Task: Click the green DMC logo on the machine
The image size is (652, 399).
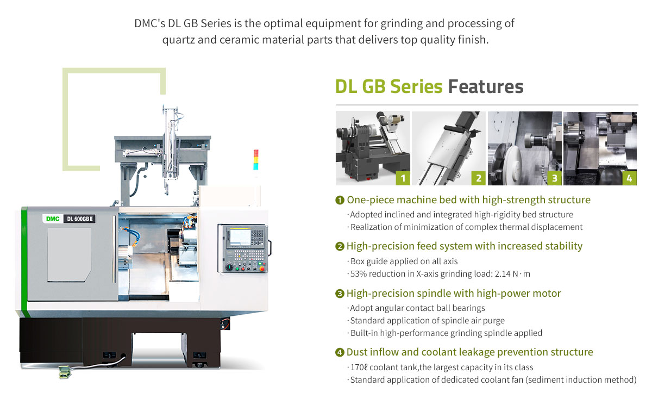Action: (x=53, y=219)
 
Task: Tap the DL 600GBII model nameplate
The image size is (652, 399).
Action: (x=80, y=219)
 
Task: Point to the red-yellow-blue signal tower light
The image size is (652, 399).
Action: (x=256, y=160)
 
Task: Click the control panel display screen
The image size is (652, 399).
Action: (x=240, y=238)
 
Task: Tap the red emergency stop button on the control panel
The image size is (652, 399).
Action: (x=262, y=268)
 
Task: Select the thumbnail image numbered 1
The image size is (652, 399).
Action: (x=373, y=148)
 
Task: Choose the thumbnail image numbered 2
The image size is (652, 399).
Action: (x=449, y=148)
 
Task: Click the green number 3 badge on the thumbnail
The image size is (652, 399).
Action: (x=555, y=178)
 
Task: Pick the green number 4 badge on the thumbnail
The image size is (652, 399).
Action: (x=630, y=178)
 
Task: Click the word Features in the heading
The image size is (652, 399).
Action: (x=486, y=86)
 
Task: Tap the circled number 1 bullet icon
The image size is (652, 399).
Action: (x=340, y=200)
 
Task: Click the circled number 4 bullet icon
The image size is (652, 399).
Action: (x=340, y=352)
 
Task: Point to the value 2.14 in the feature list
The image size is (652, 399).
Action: (x=503, y=274)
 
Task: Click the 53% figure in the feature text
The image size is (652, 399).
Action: (x=359, y=274)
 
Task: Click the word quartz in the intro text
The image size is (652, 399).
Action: (x=178, y=40)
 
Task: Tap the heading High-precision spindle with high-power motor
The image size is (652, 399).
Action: (x=454, y=294)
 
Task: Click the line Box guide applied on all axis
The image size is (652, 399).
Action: (x=404, y=261)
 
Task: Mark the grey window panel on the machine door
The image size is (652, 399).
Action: (x=70, y=255)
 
